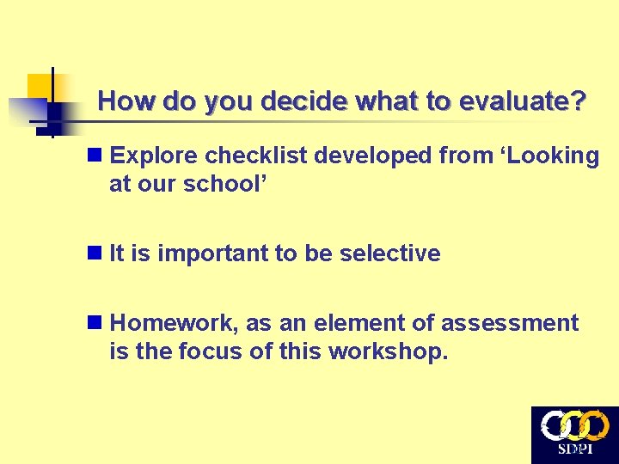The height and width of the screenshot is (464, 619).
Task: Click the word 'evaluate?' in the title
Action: pos(524,102)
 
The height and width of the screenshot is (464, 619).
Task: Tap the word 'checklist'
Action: pos(253,156)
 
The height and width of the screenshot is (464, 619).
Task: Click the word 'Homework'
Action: pos(175,324)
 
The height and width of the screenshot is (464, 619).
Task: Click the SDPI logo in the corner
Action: pos(574,434)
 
